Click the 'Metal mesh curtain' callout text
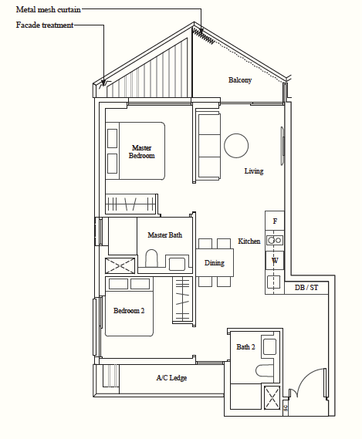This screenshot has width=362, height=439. tap(48, 9)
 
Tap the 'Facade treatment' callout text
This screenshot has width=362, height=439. tap(45, 25)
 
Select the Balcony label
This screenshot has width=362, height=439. tap(240, 80)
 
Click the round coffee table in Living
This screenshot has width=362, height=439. tap(236, 146)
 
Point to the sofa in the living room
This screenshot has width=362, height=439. tap(208, 146)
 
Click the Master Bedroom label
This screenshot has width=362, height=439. tap(142, 152)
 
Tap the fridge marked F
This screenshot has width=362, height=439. tap(275, 221)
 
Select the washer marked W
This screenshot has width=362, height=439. tap(275, 261)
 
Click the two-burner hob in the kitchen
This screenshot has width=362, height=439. tap(275, 240)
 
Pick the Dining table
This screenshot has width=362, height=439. tap(215, 262)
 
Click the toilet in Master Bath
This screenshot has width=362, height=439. tap(151, 258)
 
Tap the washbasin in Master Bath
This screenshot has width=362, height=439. tap(177, 264)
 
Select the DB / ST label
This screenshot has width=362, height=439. tap(306, 288)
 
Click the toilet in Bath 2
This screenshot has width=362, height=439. tap(264, 370)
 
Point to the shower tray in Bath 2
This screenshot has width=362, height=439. tap(272, 397)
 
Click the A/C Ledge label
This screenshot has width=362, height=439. tap(171, 378)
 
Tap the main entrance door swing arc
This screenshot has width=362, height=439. tap(306, 378)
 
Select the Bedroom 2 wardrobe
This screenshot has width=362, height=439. tap(182, 299)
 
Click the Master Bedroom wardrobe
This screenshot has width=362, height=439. tap(130, 204)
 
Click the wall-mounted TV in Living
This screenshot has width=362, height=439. tap(282, 146)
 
